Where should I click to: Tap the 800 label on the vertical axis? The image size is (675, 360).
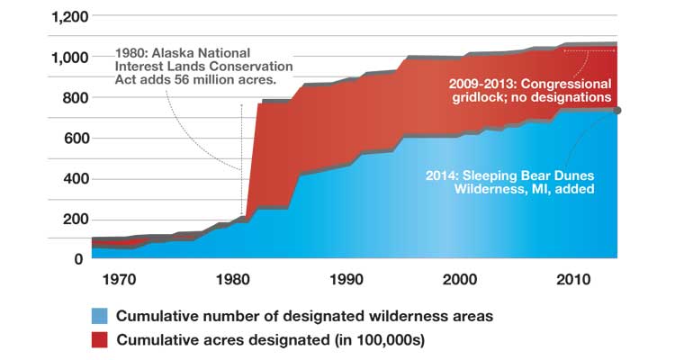coord(68,97)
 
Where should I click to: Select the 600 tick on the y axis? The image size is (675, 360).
coord(68,138)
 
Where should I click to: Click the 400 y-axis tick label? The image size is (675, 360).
coord(68,178)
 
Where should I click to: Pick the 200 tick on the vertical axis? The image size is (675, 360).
coord(68,219)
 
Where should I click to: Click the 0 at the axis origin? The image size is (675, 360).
coord(77,259)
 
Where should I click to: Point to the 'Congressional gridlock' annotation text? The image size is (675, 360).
coord(530,89)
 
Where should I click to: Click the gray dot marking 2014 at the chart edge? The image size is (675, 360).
coord(617,110)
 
